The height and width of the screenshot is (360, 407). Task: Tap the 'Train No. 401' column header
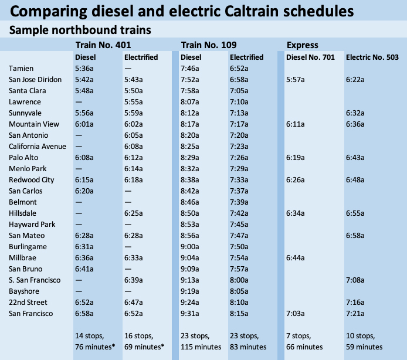103,45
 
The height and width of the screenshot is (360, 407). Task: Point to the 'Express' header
303,45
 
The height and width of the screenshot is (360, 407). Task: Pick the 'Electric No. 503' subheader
372,57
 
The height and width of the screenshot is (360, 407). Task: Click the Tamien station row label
21,68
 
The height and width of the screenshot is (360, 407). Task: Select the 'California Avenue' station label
38,146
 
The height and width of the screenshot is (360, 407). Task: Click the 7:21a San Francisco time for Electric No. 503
356,313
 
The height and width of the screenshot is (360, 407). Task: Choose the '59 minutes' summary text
364,347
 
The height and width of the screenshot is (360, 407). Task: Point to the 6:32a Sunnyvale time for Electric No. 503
356,113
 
